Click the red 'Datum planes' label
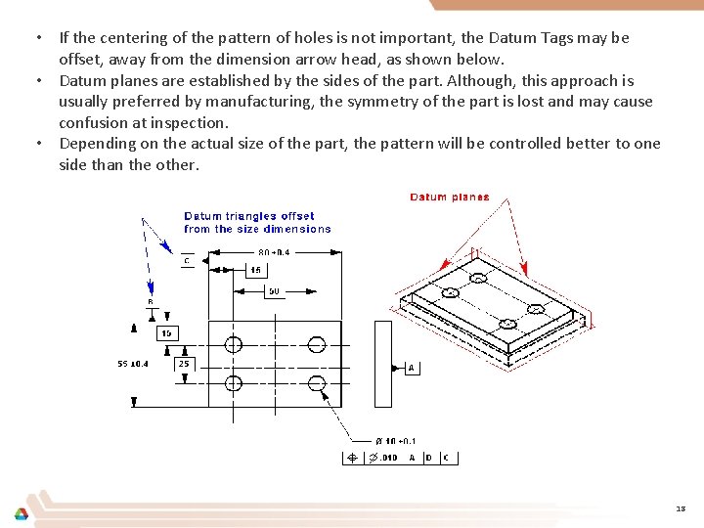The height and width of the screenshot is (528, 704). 449,197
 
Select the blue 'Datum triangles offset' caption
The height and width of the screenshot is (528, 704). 249,216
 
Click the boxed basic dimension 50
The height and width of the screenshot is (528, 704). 274,290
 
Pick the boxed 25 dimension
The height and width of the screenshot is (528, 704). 184,364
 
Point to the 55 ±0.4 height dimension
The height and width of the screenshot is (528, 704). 133,364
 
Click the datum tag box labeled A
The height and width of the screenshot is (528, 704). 413,368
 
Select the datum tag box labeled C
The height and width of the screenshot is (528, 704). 186,260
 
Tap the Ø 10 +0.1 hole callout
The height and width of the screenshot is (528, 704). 396,441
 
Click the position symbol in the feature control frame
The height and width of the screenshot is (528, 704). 353,458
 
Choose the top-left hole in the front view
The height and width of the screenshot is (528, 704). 233,343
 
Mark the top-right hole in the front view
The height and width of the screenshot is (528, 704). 316,343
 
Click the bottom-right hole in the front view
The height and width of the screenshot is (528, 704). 316,382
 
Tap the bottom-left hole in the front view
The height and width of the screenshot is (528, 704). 233,382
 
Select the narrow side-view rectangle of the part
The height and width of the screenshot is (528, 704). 383,364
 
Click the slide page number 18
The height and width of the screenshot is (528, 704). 680,508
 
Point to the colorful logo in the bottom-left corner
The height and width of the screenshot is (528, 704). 21,513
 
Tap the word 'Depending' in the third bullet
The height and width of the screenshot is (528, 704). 96,144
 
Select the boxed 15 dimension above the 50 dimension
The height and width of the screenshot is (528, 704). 255,269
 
